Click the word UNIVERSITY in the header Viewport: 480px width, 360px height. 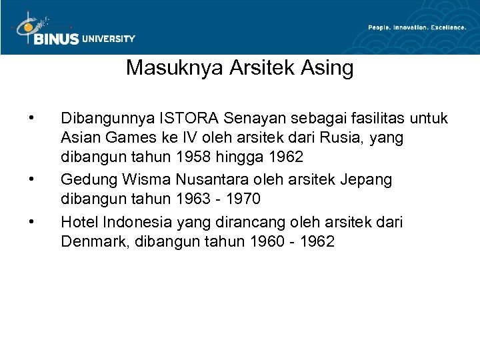tap(109, 39)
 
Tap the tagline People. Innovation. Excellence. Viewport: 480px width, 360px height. tap(417, 27)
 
